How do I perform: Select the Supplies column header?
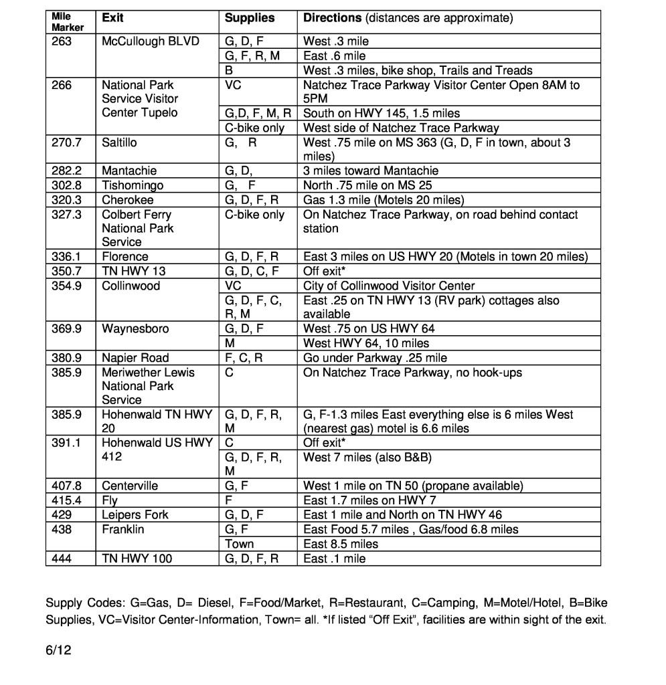[249, 18]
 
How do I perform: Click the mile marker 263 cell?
[62, 41]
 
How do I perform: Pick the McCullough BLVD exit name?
[151, 41]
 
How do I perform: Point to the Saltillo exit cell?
[120, 142]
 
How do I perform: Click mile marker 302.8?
[66, 185]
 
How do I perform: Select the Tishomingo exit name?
[133, 185]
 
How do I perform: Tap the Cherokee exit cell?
[127, 200]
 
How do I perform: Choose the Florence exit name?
[125, 257]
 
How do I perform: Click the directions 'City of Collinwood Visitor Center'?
[389, 286]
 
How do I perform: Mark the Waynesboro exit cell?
[135, 329]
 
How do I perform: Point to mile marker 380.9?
[66, 358]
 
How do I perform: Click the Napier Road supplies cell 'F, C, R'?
[244, 358]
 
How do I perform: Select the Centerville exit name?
[130, 486]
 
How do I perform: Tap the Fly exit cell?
[110, 500]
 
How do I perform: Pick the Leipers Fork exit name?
[135, 515]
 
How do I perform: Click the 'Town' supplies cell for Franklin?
[239, 544]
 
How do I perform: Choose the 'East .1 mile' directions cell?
[335, 559]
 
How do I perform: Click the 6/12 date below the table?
[58, 649]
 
